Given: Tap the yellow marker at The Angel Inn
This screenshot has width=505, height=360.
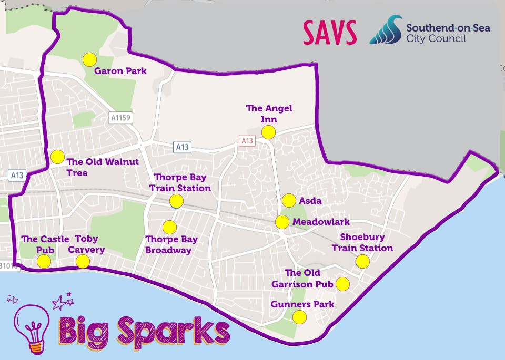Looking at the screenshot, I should [269, 132].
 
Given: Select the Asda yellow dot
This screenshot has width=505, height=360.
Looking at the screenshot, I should [289, 200].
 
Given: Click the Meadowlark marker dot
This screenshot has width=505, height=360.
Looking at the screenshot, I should [282, 222].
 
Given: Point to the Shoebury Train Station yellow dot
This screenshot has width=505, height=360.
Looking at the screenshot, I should [362, 261].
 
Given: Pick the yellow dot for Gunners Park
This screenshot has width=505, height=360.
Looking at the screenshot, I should [299, 317].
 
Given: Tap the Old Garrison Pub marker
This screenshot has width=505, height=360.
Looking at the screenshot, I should [342, 284].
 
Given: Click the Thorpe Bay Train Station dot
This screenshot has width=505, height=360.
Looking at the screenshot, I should [176, 201].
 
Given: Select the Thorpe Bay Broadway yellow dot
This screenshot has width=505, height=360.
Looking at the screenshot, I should [169, 227].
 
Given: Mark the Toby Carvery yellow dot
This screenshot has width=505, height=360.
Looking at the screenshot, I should [83, 261].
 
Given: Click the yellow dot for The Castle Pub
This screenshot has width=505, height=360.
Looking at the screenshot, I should [44, 261].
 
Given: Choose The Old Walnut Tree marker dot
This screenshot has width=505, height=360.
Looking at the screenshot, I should [57, 157].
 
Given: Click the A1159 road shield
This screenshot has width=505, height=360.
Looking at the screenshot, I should [120, 118].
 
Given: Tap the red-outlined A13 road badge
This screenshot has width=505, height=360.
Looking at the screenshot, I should [246, 140].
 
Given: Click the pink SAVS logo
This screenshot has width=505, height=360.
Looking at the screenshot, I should [330, 33].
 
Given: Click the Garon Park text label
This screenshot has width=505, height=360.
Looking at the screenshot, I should [120, 71].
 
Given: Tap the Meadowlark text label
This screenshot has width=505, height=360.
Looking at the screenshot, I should [321, 222].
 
